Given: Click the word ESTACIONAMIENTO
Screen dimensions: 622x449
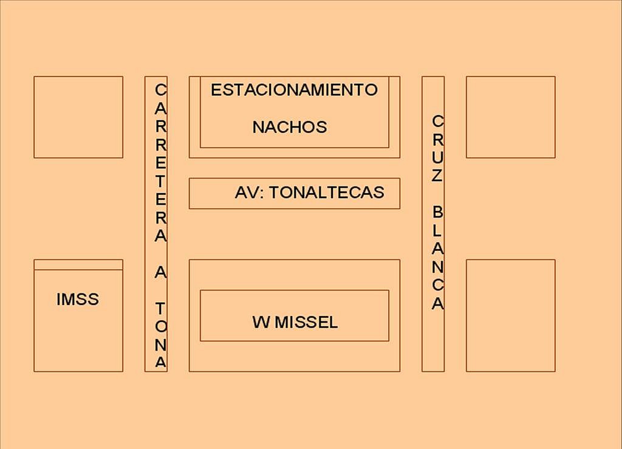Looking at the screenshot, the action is pyautogui.click(x=294, y=90).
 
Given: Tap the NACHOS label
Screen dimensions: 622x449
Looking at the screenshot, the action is pyautogui.click(x=290, y=128).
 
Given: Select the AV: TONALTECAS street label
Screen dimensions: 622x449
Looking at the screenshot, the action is pyautogui.click(x=309, y=193).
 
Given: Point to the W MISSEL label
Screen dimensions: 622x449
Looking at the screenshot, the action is pyautogui.click(x=295, y=322).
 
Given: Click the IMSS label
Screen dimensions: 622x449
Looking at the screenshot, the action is pyautogui.click(x=78, y=299).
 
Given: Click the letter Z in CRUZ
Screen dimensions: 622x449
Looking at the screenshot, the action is pyautogui.click(x=437, y=176).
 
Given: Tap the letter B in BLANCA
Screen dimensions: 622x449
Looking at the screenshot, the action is pyautogui.click(x=437, y=212).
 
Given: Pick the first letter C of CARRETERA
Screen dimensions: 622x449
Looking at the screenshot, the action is pyautogui.click(x=160, y=90).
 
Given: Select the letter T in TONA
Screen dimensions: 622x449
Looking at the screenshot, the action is pyautogui.click(x=160, y=308).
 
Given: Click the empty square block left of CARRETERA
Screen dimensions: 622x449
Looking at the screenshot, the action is pyautogui.click(x=78, y=117).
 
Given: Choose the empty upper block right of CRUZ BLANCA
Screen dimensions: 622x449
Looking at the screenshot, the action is pyautogui.click(x=510, y=117).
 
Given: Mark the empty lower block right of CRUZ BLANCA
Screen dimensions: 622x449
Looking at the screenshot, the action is pyautogui.click(x=510, y=316).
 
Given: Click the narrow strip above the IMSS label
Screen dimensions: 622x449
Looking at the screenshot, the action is pyautogui.click(x=78, y=264).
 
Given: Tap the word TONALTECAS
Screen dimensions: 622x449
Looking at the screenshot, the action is pyautogui.click(x=327, y=193).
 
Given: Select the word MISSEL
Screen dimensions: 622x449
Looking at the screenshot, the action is pyautogui.click(x=306, y=322).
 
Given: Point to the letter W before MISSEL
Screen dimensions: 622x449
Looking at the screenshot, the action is pyautogui.click(x=261, y=322).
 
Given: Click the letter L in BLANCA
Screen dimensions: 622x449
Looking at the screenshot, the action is pyautogui.click(x=437, y=230).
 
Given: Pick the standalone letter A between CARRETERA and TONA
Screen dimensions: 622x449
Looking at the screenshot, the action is pyautogui.click(x=160, y=272).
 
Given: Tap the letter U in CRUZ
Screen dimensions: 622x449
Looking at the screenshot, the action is pyautogui.click(x=437, y=157).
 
